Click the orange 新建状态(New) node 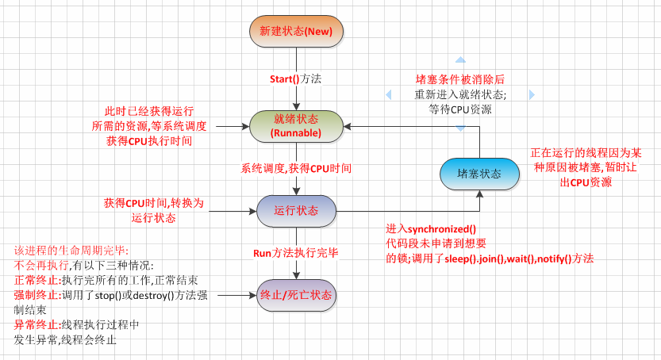[296, 31]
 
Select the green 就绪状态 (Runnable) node [296, 126]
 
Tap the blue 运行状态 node [296, 210]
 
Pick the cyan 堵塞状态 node [479, 174]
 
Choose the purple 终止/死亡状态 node [296, 295]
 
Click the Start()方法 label [295, 79]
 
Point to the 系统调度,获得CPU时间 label [296, 168]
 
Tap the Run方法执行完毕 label [296, 253]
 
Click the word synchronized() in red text [442, 229]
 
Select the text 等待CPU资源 [460, 109]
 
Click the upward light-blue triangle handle [460, 59]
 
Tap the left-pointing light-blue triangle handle [388, 94]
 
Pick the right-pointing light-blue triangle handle [532, 94]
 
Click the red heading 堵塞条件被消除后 [460, 79]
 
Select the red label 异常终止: [37, 324]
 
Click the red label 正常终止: [37, 281]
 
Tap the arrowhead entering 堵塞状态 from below [479, 193]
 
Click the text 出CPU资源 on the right [586, 182]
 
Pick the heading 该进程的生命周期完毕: [71, 251]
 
